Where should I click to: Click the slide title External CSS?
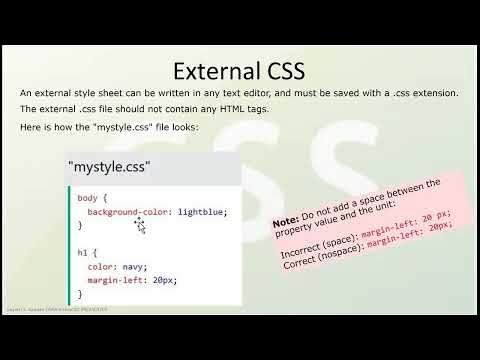tap(239, 71)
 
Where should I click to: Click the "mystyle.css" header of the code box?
tap(106, 168)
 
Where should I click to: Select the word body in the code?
tap(87, 198)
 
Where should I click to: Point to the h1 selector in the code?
tap(83, 253)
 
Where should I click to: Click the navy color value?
tap(134, 267)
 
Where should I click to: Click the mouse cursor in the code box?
tap(140, 225)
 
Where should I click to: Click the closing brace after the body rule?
tap(80, 226)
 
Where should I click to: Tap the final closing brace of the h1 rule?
tap(80, 294)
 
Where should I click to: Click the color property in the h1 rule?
tap(101, 267)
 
